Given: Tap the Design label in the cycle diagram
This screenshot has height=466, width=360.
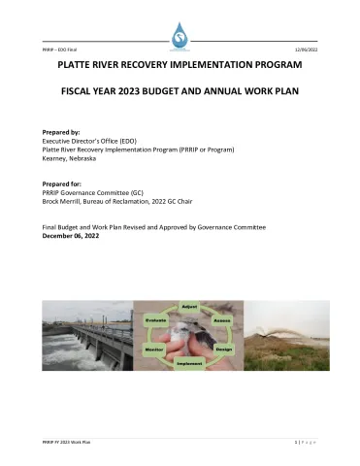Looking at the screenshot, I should (224, 348).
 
